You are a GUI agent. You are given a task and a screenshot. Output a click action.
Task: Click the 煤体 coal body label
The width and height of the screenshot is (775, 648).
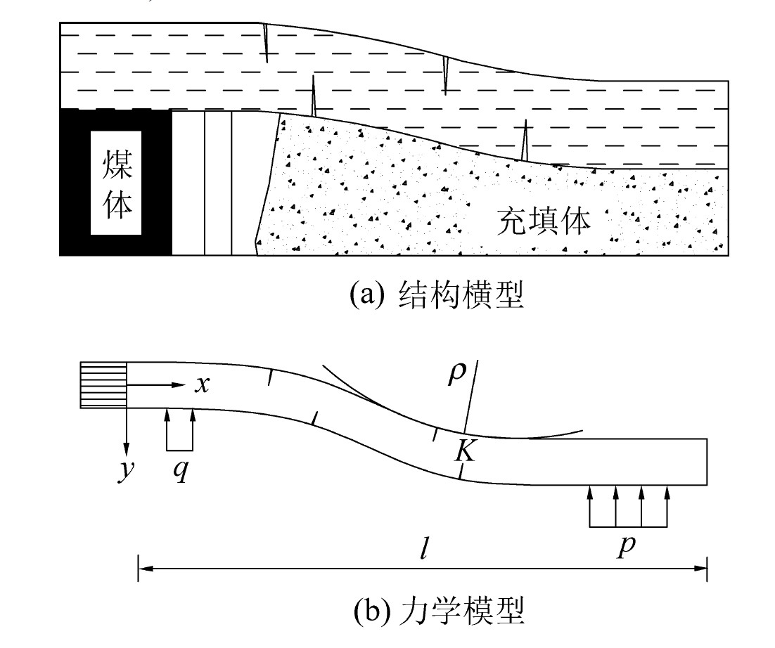(117, 183)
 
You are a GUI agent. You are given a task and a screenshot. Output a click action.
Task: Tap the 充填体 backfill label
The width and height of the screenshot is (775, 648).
(544, 221)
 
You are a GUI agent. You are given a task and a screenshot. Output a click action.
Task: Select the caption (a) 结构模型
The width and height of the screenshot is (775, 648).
(437, 295)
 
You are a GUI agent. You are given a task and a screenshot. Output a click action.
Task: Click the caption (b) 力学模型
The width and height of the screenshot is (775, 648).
(439, 610)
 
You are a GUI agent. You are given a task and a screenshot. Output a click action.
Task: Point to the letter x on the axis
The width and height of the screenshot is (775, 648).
(202, 384)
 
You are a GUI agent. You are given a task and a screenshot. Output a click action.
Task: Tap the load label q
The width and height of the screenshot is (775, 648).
(181, 470)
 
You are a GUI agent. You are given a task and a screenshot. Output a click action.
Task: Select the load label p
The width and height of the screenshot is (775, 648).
(626, 546)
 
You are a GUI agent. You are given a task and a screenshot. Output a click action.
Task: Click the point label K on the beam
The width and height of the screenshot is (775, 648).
(465, 450)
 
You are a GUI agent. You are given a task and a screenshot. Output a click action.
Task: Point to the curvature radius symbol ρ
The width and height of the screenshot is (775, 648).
(456, 373)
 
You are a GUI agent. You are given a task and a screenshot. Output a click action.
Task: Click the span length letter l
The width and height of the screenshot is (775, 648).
(423, 547)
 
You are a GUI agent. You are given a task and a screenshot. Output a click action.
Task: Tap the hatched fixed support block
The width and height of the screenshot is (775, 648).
(103, 385)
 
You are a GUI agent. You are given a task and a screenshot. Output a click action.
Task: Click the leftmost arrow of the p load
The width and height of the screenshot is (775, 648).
(589, 506)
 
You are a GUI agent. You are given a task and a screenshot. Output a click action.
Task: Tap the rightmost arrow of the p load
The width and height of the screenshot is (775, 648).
(667, 506)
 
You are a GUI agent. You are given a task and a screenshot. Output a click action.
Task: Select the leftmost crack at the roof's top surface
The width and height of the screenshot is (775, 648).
(265, 43)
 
